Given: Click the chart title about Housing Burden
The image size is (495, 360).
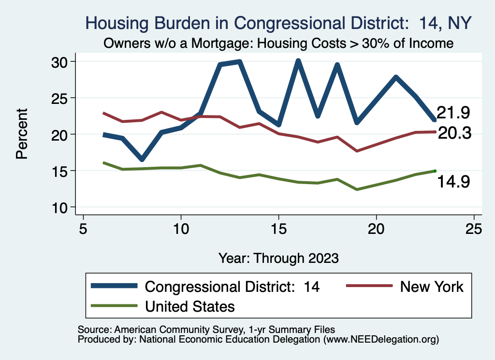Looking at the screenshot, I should pos(278,23).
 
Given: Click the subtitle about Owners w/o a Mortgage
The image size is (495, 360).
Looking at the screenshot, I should pos(278,43).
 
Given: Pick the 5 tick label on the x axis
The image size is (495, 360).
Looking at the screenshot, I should pos(84,229).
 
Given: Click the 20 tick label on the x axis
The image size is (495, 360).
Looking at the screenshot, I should pos(376,229).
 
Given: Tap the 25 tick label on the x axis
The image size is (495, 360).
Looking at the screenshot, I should pos(474,229).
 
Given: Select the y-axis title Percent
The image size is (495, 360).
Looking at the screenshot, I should pos(21,134).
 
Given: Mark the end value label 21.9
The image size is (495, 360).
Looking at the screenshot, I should pos(453,113).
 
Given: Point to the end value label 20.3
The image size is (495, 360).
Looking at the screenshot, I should pos(454,133).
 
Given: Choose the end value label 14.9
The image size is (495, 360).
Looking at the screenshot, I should pos(454,182).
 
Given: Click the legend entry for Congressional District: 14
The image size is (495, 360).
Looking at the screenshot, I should pos(232,287).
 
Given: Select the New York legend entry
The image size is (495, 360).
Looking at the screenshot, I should pos(432,287).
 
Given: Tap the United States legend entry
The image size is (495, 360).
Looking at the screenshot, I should pos(189,306).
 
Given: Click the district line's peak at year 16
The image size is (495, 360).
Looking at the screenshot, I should pos(298,61).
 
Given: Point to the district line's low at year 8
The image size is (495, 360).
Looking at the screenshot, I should pos(142,159).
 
